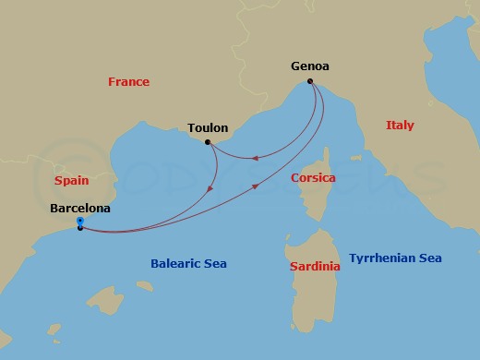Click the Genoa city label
click(310, 66)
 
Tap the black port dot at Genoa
click(310, 81)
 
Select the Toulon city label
click(208, 127)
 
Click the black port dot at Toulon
click(208, 142)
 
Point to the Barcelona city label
click(80, 209)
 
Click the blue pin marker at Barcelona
click(80, 222)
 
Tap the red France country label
click(128, 82)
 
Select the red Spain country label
click(72, 181)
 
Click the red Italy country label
click(400, 126)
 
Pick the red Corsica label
click(313, 177)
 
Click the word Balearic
click(175, 264)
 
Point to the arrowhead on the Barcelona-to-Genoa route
click(256, 187)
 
